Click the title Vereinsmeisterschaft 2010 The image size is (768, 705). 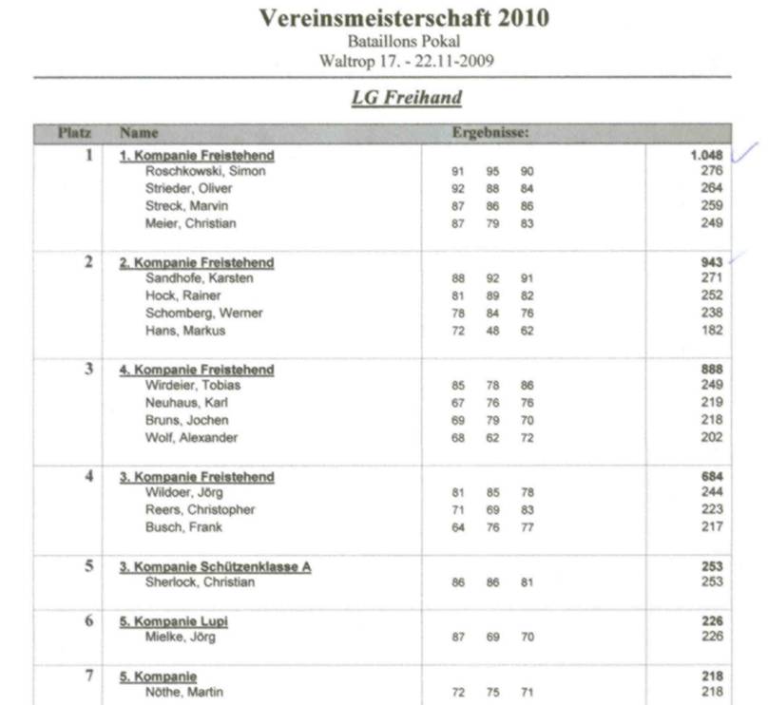[x=404, y=18]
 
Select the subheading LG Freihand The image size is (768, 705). [x=406, y=98]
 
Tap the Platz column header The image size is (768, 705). [x=74, y=134]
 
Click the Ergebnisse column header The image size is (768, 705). [x=490, y=134]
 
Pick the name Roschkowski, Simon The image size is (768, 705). [x=205, y=172]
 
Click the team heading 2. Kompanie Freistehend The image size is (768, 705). [x=197, y=262]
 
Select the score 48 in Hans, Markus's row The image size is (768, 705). [x=492, y=331]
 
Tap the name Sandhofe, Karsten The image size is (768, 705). [x=199, y=278]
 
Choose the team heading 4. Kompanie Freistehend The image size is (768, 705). [x=197, y=370]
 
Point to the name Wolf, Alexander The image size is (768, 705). [x=191, y=438]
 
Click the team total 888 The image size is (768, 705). [x=712, y=370]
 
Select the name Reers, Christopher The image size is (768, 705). [x=200, y=510]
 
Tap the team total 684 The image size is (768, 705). [x=712, y=477]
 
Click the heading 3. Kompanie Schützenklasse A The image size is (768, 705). [x=215, y=567]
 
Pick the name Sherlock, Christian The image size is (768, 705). [x=200, y=582]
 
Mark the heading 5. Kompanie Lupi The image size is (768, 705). [x=174, y=621]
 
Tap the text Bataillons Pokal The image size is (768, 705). [x=405, y=43]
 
